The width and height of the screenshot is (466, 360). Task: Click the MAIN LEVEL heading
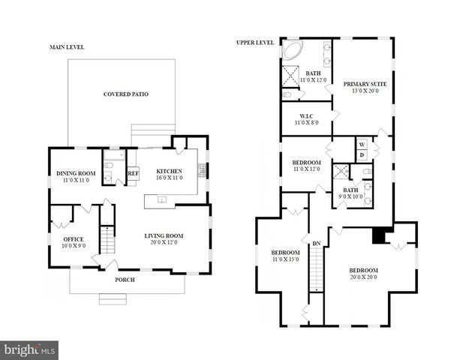click(67, 46)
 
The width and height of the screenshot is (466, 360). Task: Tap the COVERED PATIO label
click(125, 94)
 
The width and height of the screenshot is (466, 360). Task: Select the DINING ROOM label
click(77, 174)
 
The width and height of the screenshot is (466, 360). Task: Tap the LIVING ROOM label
click(164, 236)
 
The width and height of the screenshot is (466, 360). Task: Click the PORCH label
click(125, 280)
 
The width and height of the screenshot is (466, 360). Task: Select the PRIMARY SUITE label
click(365, 84)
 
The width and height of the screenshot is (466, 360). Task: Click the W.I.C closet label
click(305, 115)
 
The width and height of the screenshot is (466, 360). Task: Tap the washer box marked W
click(361, 144)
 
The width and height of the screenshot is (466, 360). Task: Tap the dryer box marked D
click(361, 155)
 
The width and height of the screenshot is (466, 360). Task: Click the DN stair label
click(317, 243)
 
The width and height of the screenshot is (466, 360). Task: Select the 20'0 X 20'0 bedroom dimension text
click(363, 277)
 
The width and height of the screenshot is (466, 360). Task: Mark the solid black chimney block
click(380, 235)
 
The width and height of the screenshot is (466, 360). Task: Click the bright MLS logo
click(29, 349)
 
